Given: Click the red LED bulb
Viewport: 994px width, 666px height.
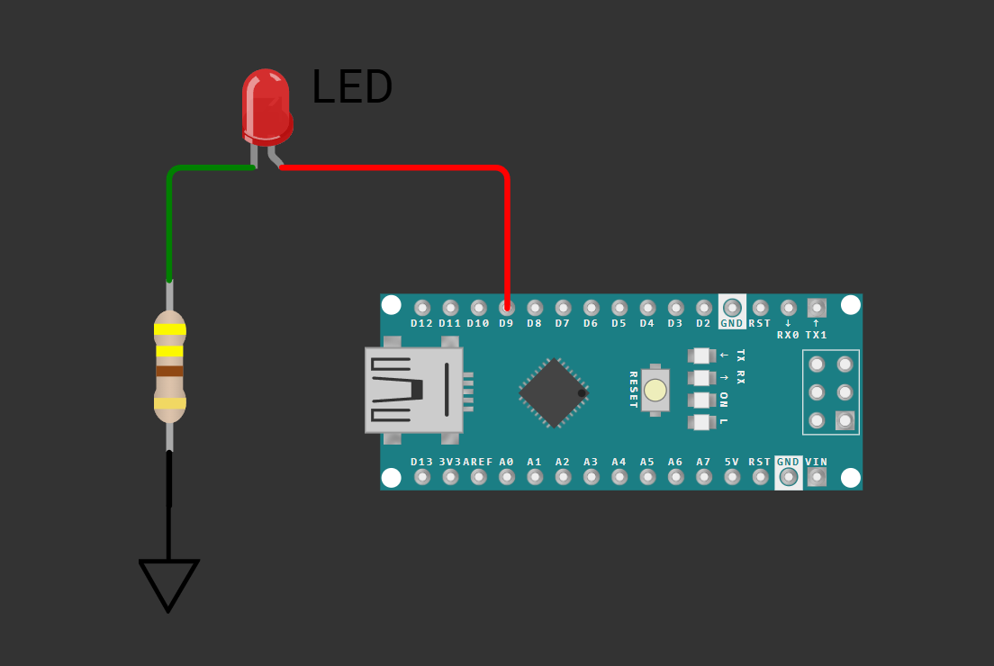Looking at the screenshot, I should tap(267, 105).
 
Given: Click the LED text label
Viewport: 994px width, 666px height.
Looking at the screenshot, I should tap(351, 88).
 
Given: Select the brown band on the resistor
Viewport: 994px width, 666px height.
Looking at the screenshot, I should tap(169, 371).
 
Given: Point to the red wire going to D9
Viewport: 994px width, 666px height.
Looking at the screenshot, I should tap(507, 225).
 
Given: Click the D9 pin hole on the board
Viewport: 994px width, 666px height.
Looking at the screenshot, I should tap(507, 308).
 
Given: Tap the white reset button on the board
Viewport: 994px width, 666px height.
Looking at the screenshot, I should tap(655, 390).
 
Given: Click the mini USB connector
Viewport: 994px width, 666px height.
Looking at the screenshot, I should tap(413, 390).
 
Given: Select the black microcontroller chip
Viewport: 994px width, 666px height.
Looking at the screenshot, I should tap(553, 392).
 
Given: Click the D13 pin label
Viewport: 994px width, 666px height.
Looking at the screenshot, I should tap(422, 462).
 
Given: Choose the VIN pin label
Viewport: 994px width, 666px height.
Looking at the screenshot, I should tap(817, 462).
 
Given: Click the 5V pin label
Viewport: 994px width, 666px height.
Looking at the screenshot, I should tap(732, 462).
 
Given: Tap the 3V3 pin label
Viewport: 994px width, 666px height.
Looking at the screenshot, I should tap(450, 462).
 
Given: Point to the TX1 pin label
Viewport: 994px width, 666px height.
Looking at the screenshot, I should tap(817, 335).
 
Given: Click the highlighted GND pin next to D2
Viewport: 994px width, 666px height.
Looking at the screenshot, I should tap(732, 308).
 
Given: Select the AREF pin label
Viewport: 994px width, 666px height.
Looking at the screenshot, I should tap(478, 462).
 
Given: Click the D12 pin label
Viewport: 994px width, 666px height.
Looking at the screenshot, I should tap(421, 323).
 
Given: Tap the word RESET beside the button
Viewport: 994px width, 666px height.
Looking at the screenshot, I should tap(633, 390).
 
